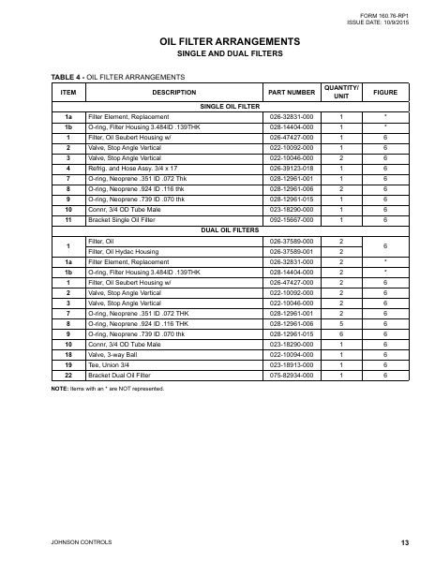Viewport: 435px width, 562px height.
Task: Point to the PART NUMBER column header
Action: coord(292,93)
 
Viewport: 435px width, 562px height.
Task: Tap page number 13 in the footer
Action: coord(404,543)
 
